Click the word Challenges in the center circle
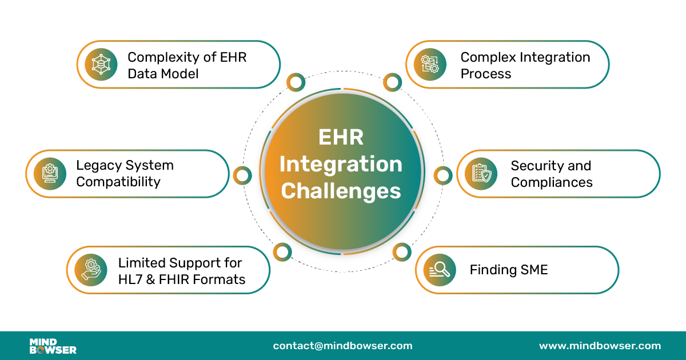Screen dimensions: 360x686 coord(341,191)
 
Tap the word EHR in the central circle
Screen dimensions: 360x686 coord(341,138)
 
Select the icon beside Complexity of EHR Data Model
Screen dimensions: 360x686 coord(101,65)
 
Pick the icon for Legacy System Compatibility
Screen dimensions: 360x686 coord(50,173)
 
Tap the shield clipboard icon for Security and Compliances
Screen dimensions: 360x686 coord(481,173)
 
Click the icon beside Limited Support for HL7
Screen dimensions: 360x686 coord(91,270)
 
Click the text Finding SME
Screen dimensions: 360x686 coord(508,270)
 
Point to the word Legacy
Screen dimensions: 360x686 coord(96,166)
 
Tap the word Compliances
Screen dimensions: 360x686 coord(551,182)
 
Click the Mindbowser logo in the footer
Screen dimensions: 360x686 coord(53,346)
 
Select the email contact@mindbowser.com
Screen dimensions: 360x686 coord(342,346)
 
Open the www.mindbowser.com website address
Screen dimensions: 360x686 coord(600,346)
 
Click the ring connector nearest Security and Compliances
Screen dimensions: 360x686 coord(442,175)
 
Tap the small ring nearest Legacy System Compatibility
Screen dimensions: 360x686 coord(242,175)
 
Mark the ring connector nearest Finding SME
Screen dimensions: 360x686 coord(402,251)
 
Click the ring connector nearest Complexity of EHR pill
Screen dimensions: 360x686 coord(296,83)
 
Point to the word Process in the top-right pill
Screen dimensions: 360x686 coord(485,74)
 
